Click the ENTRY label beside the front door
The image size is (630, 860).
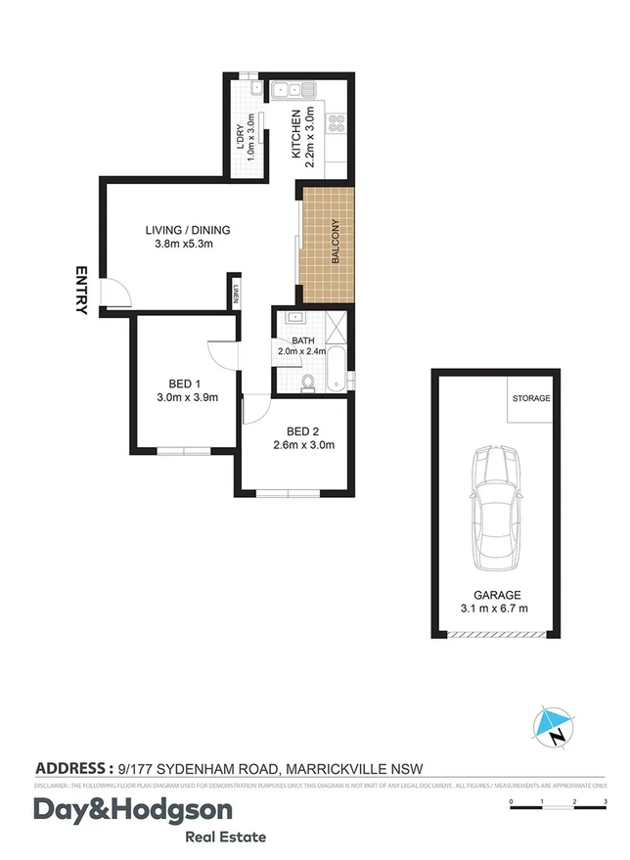[x=80, y=291]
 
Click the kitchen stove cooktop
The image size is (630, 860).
[x=337, y=123]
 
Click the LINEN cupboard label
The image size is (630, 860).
[x=236, y=294]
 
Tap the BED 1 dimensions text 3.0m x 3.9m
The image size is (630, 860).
[x=187, y=397]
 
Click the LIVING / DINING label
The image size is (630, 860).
[x=187, y=231]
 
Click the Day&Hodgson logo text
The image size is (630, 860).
[x=133, y=811]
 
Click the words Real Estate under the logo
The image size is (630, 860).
[x=225, y=837]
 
